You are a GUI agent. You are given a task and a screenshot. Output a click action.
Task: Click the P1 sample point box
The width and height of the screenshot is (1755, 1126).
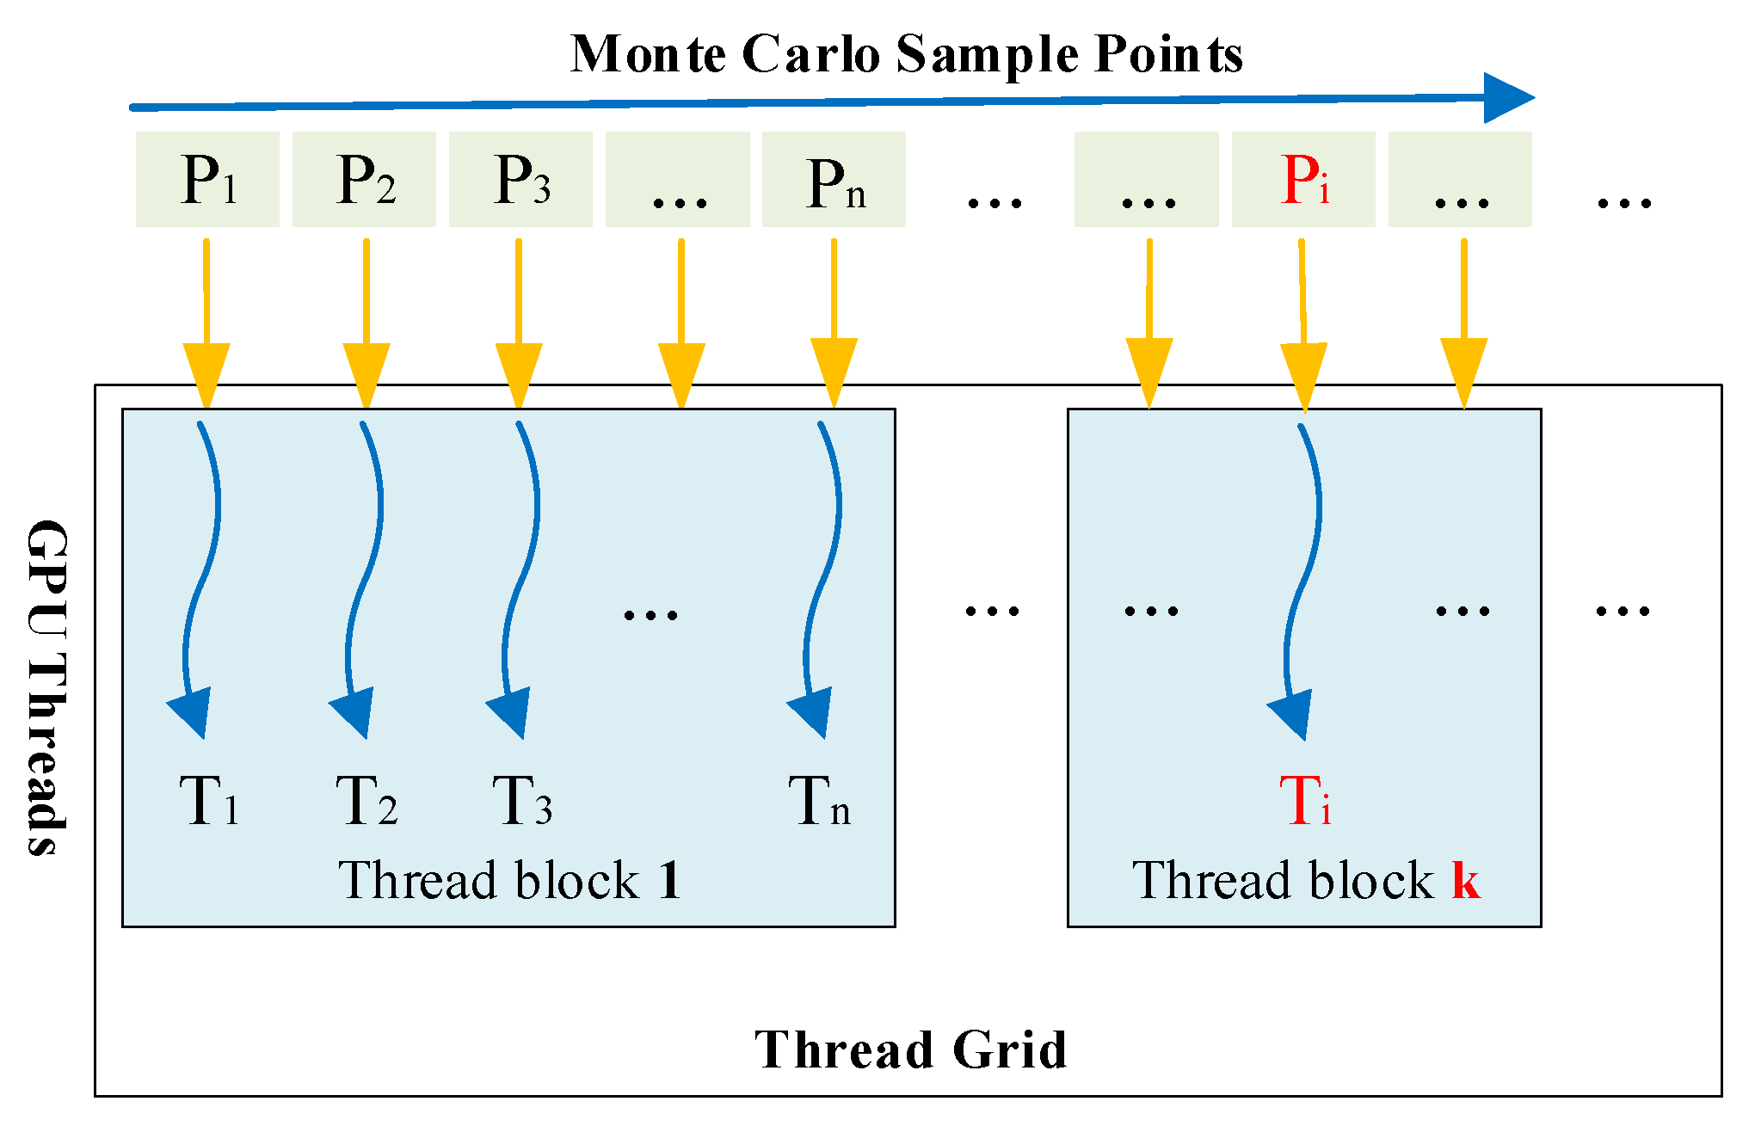(x=207, y=179)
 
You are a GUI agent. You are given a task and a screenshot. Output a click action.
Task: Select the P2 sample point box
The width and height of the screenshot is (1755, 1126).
(x=364, y=179)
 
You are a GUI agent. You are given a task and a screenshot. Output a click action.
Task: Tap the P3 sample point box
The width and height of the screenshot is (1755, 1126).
(x=520, y=179)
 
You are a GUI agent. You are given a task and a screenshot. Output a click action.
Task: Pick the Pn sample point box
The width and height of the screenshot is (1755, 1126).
(x=834, y=179)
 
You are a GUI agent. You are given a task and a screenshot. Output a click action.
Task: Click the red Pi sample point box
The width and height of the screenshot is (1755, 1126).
(x=1303, y=179)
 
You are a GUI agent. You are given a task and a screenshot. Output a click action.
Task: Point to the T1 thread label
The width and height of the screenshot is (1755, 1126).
(x=209, y=801)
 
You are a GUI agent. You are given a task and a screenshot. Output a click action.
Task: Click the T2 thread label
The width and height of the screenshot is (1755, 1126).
(x=366, y=801)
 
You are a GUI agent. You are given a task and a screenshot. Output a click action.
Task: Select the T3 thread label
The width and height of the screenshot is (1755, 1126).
(x=522, y=801)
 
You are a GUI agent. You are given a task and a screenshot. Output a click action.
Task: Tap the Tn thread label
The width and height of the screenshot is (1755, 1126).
(x=819, y=801)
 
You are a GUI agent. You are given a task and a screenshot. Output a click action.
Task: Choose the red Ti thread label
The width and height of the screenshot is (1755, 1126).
(x=1305, y=801)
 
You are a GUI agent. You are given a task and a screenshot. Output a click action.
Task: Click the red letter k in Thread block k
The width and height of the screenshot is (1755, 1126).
(x=1466, y=880)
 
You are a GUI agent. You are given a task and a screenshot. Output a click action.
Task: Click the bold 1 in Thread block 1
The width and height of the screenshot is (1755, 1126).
(x=669, y=880)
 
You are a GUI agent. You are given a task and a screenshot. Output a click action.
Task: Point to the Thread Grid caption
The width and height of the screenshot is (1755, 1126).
(x=910, y=1049)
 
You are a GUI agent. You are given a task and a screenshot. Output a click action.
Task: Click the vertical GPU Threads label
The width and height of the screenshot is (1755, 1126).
(x=46, y=688)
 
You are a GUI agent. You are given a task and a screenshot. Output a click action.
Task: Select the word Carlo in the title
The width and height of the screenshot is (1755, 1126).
(x=810, y=53)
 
